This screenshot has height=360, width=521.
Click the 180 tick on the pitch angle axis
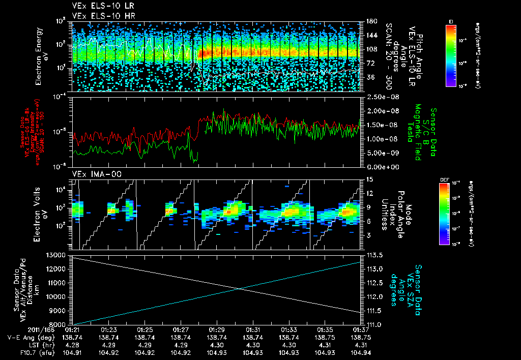coord(370,21)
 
